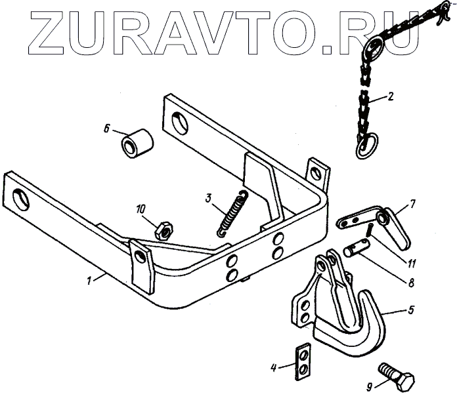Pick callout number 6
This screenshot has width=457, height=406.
[106, 129]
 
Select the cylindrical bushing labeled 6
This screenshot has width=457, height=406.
[137, 143]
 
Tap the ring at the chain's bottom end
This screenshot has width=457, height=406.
[366, 146]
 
